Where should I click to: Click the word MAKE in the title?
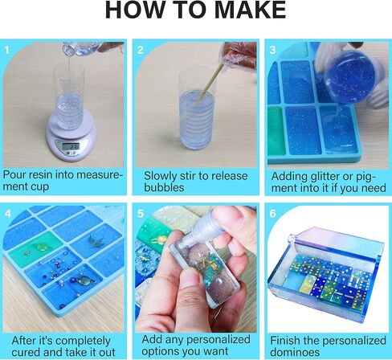250,10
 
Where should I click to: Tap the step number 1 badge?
6,50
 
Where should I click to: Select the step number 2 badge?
141,50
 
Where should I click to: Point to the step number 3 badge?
272,50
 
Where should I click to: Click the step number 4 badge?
8,214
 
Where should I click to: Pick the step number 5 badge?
141,214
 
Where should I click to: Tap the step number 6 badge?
272,214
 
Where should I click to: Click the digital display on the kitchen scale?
71,146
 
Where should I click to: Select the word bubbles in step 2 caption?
164,187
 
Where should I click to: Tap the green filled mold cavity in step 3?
276,130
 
